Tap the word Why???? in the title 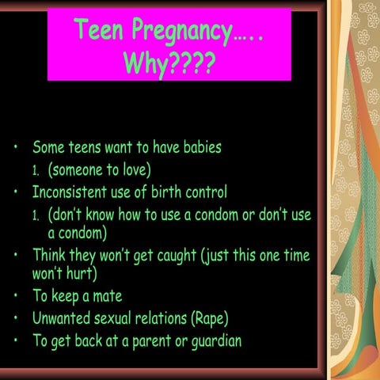[x=169, y=63]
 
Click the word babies [x=198, y=147]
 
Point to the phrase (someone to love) [x=99, y=169]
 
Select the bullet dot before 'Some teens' [x=16, y=148]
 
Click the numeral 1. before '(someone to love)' [x=36, y=170]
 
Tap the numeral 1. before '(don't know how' [x=36, y=215]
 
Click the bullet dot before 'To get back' [x=16, y=342]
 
